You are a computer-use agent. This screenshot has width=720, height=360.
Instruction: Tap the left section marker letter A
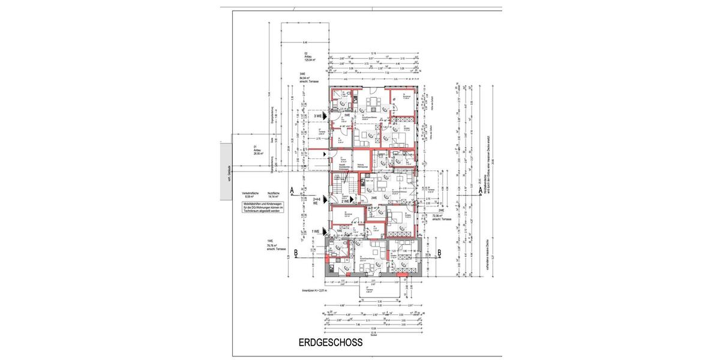(292, 191)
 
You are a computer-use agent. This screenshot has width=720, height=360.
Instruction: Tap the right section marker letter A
(481, 191)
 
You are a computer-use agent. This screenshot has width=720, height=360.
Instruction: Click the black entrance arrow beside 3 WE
(325, 116)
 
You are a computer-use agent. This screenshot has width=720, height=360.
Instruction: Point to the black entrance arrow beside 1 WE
(325, 231)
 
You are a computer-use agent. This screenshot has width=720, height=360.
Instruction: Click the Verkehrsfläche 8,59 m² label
(251, 194)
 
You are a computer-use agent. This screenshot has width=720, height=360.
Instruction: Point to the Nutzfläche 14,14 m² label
(274, 194)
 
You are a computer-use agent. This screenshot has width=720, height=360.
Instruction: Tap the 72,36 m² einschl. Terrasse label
(441, 217)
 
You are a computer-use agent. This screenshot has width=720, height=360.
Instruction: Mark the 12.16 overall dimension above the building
(373, 53)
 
